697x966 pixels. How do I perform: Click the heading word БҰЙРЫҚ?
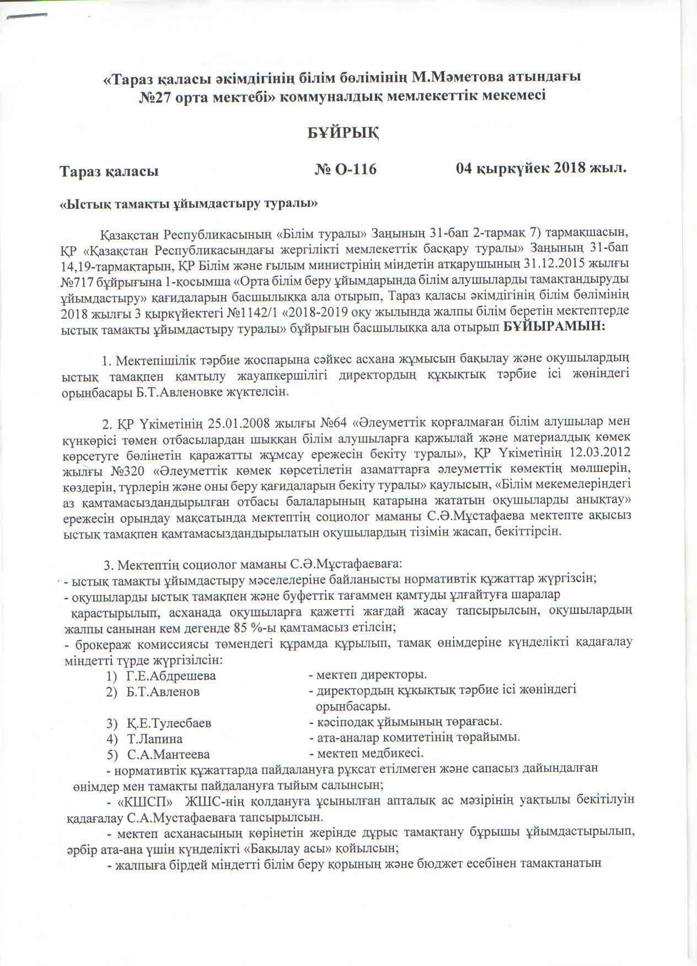tap(342, 133)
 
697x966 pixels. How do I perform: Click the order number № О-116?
tap(346, 169)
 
